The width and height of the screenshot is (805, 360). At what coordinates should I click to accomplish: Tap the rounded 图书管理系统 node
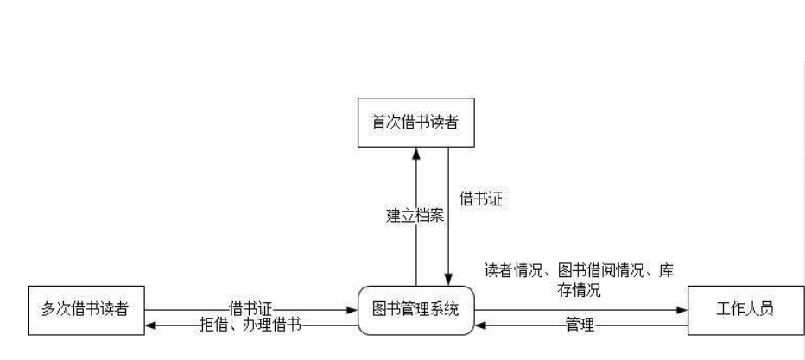[416, 309]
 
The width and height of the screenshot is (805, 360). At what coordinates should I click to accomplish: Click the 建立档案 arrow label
[415, 215]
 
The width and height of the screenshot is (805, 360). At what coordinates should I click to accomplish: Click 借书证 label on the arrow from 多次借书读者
[250, 305]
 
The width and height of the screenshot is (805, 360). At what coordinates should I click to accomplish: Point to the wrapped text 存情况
[580, 289]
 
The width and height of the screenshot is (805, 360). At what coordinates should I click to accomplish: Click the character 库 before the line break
[666, 271]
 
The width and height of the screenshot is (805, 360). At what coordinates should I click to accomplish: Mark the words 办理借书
[271, 325]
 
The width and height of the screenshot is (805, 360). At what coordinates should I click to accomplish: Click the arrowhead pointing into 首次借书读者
[416, 153]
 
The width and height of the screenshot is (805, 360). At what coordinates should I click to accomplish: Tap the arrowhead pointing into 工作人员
[681, 309]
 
